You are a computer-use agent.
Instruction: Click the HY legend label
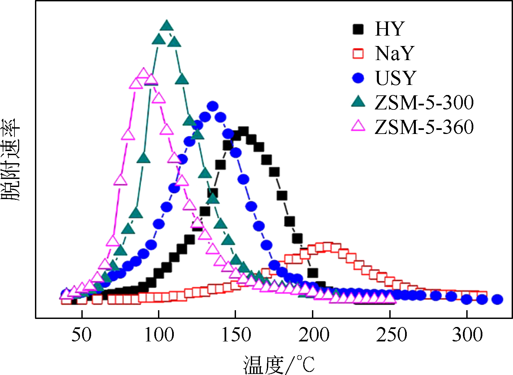tap(389, 29)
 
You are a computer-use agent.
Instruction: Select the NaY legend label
tap(394, 53)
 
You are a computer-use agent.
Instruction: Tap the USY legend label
tap(396, 78)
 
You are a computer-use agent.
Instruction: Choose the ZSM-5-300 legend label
tap(424, 102)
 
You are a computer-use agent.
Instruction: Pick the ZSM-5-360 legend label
tap(424, 127)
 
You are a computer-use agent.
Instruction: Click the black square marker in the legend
tap(358, 29)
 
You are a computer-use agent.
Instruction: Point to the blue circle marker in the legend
tap(358, 78)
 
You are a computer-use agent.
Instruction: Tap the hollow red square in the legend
tap(358, 54)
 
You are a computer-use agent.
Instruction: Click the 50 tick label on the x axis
tap(81, 335)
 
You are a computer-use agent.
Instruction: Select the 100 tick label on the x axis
tap(159, 335)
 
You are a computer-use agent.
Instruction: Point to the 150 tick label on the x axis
tap(236, 335)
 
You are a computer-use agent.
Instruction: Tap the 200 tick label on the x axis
tap(313, 335)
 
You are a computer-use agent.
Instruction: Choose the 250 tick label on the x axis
tap(391, 335)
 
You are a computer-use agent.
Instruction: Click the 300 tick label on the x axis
tap(467, 335)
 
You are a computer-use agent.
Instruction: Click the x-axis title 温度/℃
tap(279, 365)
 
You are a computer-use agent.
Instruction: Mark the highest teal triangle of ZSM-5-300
tap(167, 26)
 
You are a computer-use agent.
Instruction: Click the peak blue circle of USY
tap(212, 106)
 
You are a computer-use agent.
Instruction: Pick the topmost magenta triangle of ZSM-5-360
tap(144, 73)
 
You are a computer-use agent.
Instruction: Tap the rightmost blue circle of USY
tap(497, 299)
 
